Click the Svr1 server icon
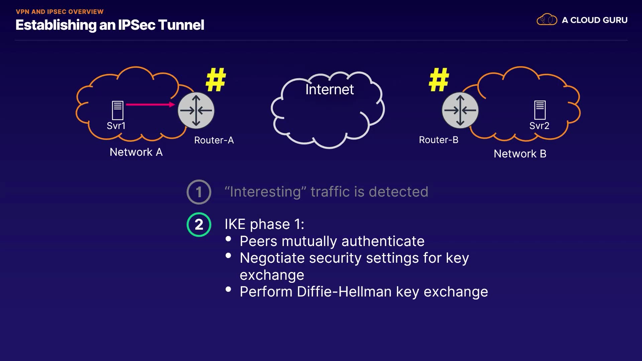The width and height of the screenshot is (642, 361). [117, 110]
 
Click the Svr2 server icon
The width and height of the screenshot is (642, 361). [540, 110]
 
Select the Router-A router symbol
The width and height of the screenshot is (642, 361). [196, 111]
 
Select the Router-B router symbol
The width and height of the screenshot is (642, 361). [460, 111]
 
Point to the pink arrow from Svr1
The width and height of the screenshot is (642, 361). [150, 105]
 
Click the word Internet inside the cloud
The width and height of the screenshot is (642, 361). [329, 90]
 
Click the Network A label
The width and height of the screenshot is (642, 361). [136, 152]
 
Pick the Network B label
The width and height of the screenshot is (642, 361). [520, 154]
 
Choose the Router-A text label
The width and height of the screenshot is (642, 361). [214, 140]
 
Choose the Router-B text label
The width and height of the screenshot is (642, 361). [438, 140]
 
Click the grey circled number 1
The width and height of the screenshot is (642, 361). [199, 192]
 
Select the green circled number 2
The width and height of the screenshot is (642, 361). [199, 225]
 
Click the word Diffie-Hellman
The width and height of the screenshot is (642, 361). [344, 292]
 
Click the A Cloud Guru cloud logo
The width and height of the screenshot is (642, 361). [547, 20]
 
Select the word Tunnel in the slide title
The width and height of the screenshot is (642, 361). [181, 25]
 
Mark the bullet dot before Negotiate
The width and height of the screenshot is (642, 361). [228, 256]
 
